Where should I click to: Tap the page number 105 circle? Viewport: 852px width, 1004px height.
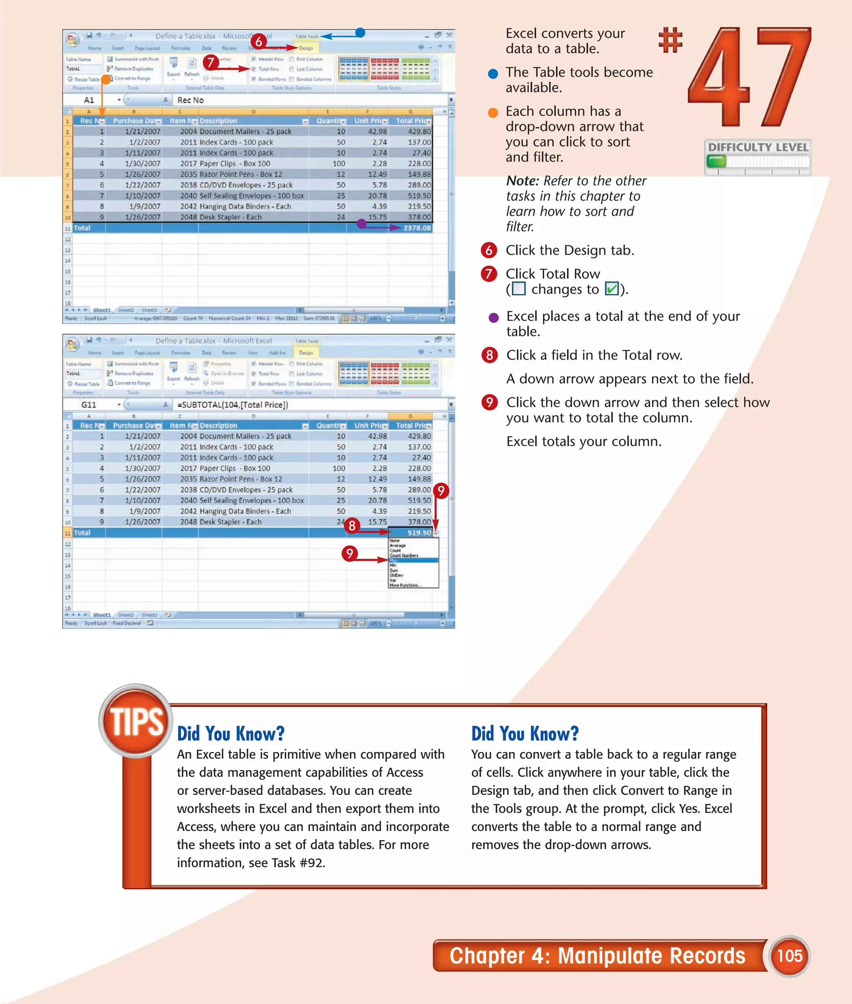click(789, 955)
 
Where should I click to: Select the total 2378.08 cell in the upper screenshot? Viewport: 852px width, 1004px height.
click(417, 228)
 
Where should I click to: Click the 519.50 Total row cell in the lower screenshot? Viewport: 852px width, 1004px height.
click(418, 533)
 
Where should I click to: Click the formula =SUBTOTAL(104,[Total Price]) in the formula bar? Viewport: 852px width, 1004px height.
click(232, 405)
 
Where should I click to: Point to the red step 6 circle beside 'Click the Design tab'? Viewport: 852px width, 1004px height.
click(489, 250)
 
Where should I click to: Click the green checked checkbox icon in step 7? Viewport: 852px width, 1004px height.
click(612, 289)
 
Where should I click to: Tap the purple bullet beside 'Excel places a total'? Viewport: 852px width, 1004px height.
click(493, 317)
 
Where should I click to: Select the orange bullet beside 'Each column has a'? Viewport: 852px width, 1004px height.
click(493, 113)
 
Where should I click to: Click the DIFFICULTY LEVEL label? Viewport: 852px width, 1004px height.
click(758, 147)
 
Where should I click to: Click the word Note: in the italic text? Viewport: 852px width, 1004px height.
click(522, 181)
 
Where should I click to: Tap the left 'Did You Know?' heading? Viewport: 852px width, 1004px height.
click(230, 734)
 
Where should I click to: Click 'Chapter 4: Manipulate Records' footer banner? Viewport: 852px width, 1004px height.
click(597, 956)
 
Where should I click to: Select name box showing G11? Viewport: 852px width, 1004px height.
click(89, 405)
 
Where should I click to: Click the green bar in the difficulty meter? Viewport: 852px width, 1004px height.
click(716, 161)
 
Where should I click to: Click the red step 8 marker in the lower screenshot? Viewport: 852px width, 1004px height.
click(352, 525)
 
